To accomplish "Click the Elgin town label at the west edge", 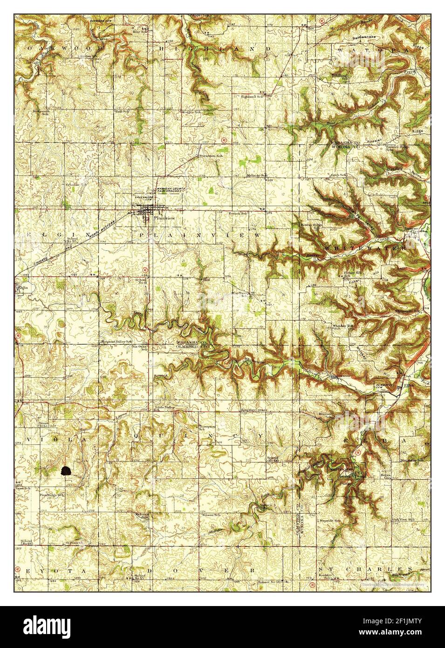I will point(21,288).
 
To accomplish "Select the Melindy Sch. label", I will point(257,175).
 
